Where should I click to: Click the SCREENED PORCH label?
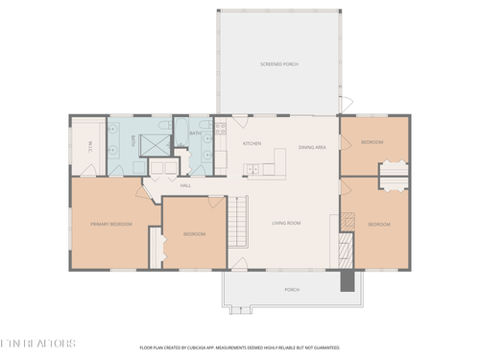(x=279, y=64)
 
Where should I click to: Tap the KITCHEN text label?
(x=252, y=144)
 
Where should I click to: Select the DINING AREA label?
(x=312, y=148)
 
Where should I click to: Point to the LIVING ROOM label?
(x=286, y=224)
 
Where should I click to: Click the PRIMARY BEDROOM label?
(x=111, y=225)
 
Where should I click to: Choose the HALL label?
(x=185, y=185)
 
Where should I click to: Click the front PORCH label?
(x=292, y=289)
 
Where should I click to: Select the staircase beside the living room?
(x=237, y=223)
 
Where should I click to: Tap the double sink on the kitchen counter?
(x=253, y=171)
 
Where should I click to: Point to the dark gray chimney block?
(x=347, y=279)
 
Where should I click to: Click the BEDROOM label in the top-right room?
(x=372, y=143)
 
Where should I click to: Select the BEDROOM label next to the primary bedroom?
(x=194, y=234)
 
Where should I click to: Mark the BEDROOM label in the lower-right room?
(x=379, y=225)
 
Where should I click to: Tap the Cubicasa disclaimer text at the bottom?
(x=239, y=348)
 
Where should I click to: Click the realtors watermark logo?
(x=37, y=342)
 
